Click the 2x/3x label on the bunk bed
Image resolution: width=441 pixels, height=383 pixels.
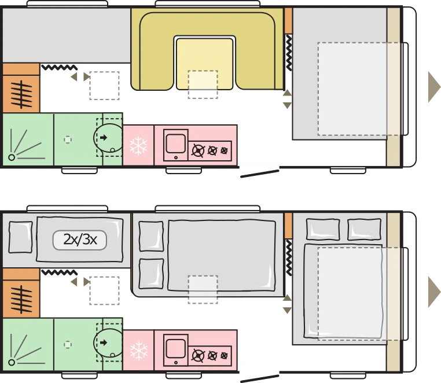tap(80, 240)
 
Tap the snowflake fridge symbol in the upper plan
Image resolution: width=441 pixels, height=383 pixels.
tap(138, 146)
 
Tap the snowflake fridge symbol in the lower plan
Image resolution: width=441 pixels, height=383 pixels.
tap(139, 351)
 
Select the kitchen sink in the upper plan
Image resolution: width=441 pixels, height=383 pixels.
tap(176, 145)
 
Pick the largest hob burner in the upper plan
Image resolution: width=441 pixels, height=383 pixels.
tap(198, 151)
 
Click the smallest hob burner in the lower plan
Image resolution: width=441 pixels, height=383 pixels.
tap(224, 356)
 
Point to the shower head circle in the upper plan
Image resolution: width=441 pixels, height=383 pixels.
tap(12, 157)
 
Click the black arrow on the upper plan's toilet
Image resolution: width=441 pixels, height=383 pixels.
tap(104, 138)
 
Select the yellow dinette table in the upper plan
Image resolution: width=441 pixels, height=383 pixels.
tap(205, 63)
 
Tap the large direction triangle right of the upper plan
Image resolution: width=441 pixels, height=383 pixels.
tap(434, 87)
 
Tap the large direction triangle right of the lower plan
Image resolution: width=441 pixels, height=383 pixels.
tap(434, 292)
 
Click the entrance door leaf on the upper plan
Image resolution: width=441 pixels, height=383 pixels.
tap(260, 174)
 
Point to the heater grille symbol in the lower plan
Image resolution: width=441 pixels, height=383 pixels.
tap(21, 299)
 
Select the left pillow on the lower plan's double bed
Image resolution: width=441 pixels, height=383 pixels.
tap(323, 230)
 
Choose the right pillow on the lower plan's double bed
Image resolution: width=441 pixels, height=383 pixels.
tap(365, 230)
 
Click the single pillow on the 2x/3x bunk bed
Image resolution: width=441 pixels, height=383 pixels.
tap(20, 237)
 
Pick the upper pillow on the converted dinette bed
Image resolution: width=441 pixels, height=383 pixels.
tap(151, 236)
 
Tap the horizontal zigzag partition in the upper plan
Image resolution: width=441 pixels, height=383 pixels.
tap(60, 68)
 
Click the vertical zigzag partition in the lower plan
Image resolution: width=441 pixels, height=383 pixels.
tap(289, 257)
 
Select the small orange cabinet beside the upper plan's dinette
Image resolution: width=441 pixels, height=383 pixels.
tap(288, 21)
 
